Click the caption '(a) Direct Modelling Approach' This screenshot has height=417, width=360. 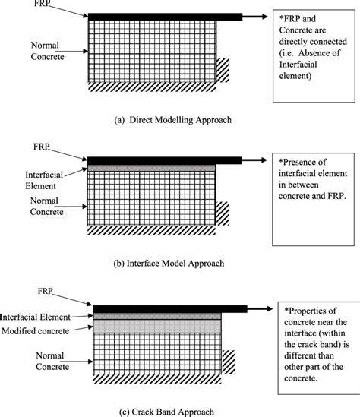point(173,120)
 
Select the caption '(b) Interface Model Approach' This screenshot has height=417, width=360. point(169,264)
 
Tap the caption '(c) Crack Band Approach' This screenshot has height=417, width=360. point(166,412)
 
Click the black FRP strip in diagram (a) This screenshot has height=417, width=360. point(165,17)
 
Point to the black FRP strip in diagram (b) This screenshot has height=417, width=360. point(164,160)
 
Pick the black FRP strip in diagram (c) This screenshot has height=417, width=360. point(170,309)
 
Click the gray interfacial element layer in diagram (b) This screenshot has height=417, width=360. point(151,168)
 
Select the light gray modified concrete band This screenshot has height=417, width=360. point(157,326)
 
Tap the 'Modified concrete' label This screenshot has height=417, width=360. point(36,331)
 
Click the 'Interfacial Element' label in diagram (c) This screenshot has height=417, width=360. point(35,317)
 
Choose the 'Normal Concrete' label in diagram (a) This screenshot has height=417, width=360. point(47,51)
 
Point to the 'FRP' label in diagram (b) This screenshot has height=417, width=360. point(42,147)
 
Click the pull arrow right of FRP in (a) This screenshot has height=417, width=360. point(255,17)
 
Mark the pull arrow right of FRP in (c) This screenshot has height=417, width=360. point(260,308)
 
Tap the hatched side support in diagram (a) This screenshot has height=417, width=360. point(223,70)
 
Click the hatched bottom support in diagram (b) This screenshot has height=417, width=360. point(151,230)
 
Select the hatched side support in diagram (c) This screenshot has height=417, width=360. point(228,362)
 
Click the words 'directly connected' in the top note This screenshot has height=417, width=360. point(313,42)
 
